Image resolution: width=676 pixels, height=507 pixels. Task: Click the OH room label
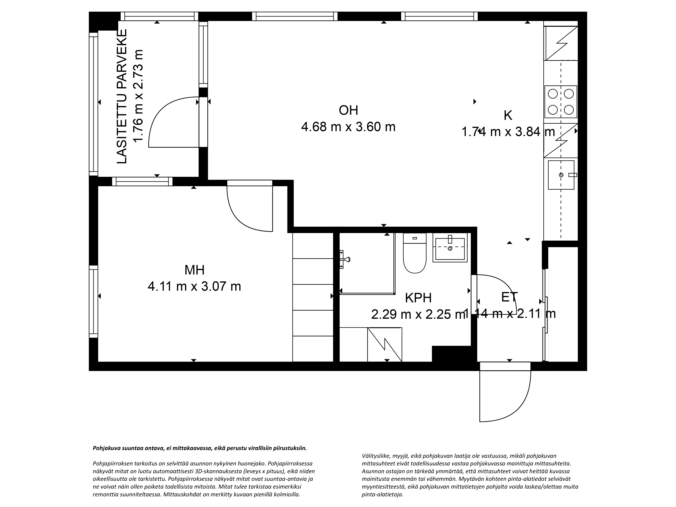348,110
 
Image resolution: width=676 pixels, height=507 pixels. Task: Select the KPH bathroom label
418,298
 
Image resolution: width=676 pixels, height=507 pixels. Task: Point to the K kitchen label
508,116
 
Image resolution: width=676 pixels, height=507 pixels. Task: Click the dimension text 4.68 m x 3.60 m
348,127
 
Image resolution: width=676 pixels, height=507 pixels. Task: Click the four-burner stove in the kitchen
561,102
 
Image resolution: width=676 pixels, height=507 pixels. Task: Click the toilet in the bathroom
415,253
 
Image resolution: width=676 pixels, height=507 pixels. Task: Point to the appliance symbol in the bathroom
384,344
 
